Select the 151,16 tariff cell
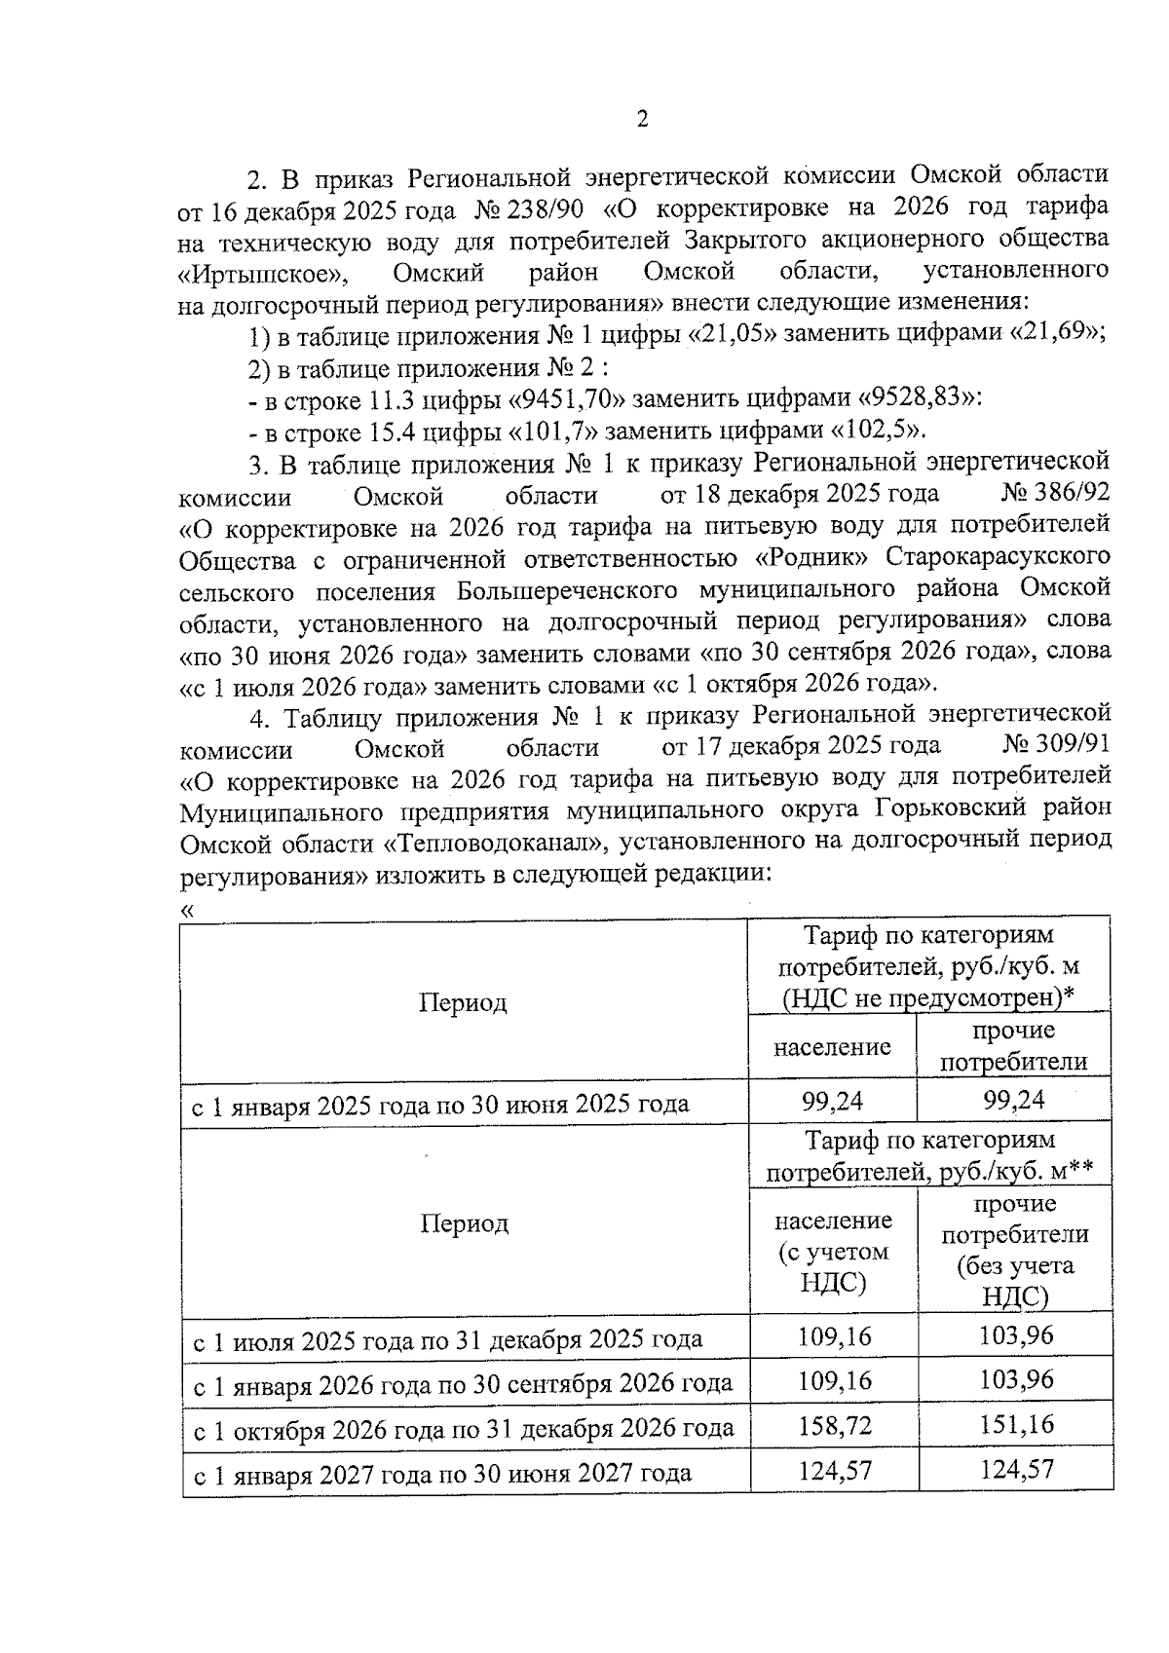1016,1425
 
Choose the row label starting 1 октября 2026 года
463,1428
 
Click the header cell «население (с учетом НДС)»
833,1251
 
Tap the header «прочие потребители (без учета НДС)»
1015,1251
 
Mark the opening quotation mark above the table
188,910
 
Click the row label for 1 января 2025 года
439,1105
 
